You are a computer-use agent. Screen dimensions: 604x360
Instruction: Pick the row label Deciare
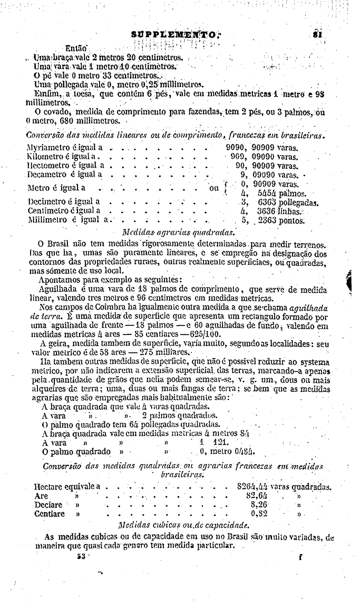click(48, 505)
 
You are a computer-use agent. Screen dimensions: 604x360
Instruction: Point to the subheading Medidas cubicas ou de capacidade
click(182, 525)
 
